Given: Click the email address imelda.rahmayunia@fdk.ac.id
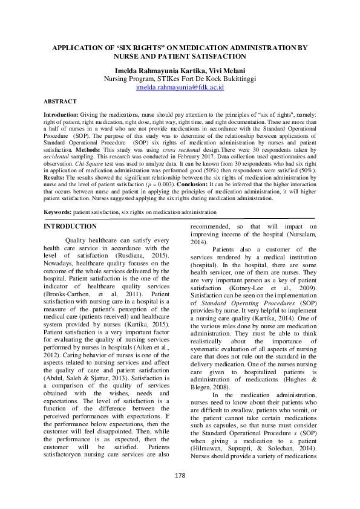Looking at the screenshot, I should [x=180, y=87].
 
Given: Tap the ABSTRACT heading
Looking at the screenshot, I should [x=60, y=102].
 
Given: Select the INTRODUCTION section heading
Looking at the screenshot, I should [x=70, y=226].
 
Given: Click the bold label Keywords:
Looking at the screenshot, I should [x=57, y=212].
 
